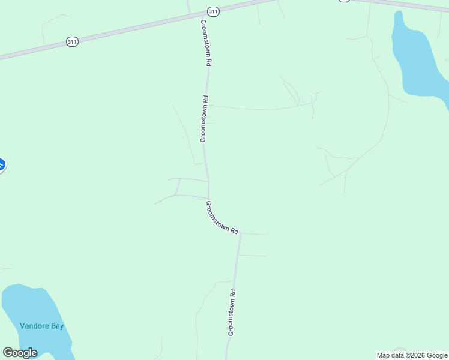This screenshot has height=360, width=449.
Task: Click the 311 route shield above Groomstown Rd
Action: tap(213, 11)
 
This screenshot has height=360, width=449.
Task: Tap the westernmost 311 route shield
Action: tap(72, 41)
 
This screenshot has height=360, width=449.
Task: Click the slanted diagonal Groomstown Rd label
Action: tap(222, 217)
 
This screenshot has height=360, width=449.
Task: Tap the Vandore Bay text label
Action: tap(41, 326)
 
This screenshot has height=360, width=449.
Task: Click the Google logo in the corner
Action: tap(20, 353)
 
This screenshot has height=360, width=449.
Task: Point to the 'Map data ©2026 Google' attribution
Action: tap(412, 355)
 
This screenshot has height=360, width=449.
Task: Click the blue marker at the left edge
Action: tap(1, 164)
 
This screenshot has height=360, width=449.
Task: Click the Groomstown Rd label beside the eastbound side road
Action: tap(205, 118)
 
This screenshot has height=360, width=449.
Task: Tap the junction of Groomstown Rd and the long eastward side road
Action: tap(208, 106)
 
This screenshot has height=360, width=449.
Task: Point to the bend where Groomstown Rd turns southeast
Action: tap(208, 199)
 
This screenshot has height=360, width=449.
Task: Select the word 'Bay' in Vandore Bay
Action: tap(57, 326)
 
